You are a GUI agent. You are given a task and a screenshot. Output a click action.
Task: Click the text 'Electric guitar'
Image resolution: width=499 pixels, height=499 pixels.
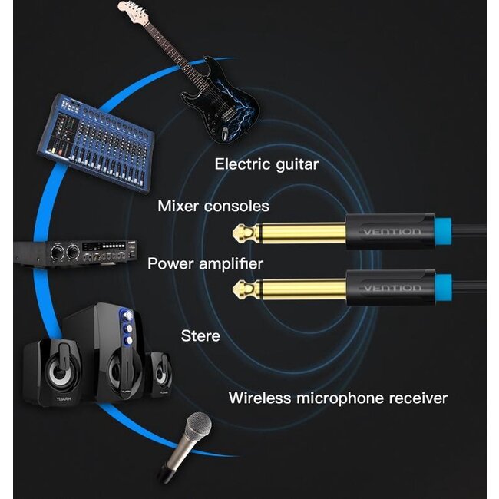266,164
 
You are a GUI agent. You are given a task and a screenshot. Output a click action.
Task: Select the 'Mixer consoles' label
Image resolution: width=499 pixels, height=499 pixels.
213,206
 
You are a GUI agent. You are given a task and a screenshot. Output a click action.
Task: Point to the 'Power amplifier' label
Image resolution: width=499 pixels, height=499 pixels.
205,264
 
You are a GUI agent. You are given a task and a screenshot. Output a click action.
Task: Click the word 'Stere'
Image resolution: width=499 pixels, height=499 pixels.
200,336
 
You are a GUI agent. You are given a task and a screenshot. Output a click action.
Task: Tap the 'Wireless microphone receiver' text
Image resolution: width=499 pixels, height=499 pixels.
338,398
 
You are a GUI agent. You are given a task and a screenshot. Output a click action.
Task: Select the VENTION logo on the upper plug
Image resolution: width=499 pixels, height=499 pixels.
391,232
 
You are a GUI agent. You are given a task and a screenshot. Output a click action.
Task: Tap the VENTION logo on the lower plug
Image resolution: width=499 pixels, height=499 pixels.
391,288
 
